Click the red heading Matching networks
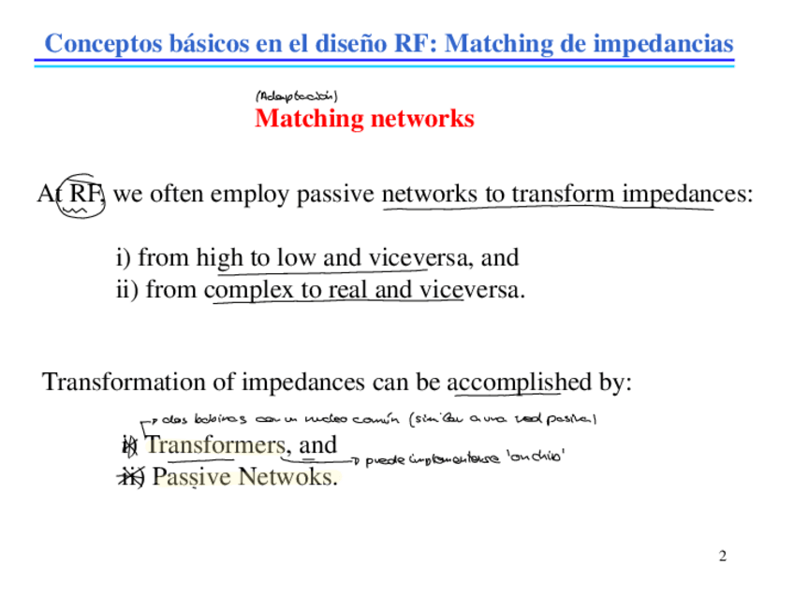(x=364, y=120)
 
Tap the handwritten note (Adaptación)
(x=296, y=95)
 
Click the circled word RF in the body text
(x=85, y=195)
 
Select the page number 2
(x=722, y=558)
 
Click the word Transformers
(x=215, y=445)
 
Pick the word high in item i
(x=218, y=257)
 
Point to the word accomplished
(x=521, y=383)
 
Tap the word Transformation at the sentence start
(x=114, y=383)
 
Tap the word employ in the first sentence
(x=241, y=195)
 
